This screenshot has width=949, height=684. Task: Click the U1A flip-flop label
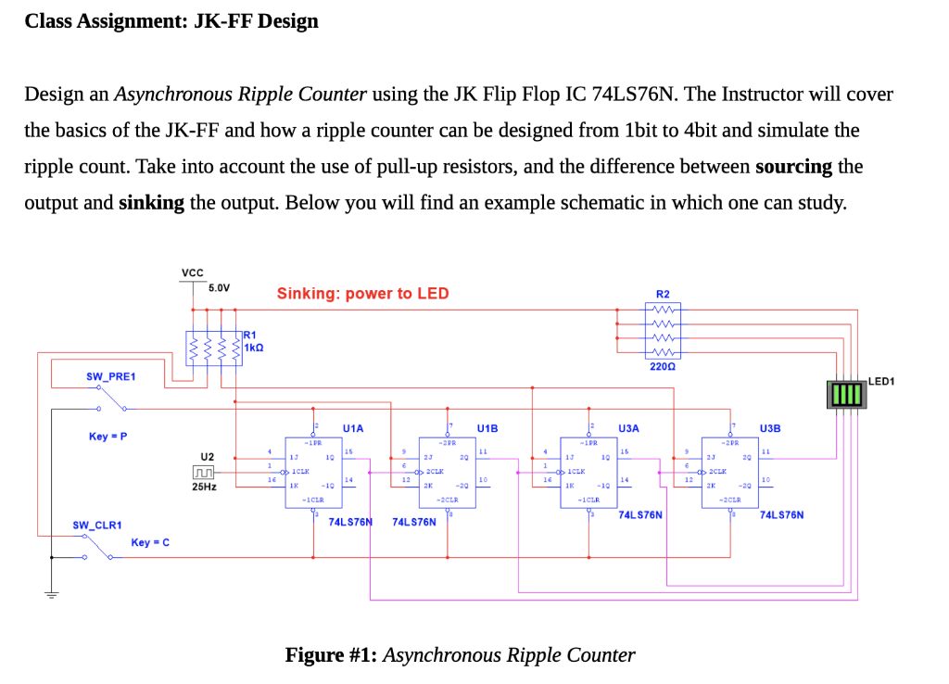point(352,428)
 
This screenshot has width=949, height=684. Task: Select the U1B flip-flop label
point(487,428)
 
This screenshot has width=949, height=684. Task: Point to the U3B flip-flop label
point(770,428)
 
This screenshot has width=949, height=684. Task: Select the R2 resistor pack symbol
point(662,332)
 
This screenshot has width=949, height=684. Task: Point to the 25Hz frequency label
point(204,488)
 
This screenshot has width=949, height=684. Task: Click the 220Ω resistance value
point(662,367)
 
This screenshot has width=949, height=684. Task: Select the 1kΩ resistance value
point(254,347)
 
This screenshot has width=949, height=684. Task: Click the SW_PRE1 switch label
point(110,376)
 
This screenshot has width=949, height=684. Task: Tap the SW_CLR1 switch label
point(97,525)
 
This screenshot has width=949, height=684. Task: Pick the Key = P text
point(108,436)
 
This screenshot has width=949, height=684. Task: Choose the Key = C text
point(150,542)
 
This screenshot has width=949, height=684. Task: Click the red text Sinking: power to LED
point(362,294)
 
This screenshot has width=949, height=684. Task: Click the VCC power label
point(193,272)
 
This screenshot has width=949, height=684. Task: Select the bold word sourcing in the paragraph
point(794,167)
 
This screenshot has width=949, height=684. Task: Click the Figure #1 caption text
point(460,655)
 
